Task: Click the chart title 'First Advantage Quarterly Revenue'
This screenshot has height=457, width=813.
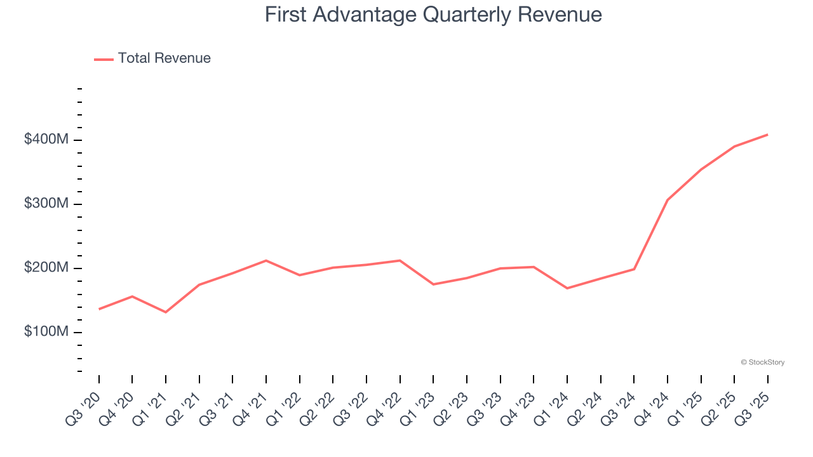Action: click(x=433, y=15)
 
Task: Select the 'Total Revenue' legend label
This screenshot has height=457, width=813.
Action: click(x=164, y=58)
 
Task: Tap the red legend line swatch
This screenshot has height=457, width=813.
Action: click(x=104, y=59)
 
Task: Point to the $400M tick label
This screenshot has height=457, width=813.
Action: click(x=46, y=140)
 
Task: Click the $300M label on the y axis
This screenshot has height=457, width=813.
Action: click(x=46, y=204)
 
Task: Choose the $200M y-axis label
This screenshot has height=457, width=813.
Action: click(x=46, y=268)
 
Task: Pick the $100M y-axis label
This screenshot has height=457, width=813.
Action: click(x=46, y=332)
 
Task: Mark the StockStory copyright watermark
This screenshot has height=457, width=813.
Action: click(x=762, y=362)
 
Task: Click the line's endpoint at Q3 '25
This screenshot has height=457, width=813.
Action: click(x=767, y=135)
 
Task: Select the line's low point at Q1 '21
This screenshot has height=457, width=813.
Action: click(x=166, y=312)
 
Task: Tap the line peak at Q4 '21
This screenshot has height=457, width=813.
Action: click(x=266, y=260)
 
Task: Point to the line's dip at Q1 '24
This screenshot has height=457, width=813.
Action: click(x=567, y=288)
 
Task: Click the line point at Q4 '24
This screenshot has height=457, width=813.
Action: click(x=668, y=200)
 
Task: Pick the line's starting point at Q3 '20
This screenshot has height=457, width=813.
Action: click(x=99, y=309)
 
